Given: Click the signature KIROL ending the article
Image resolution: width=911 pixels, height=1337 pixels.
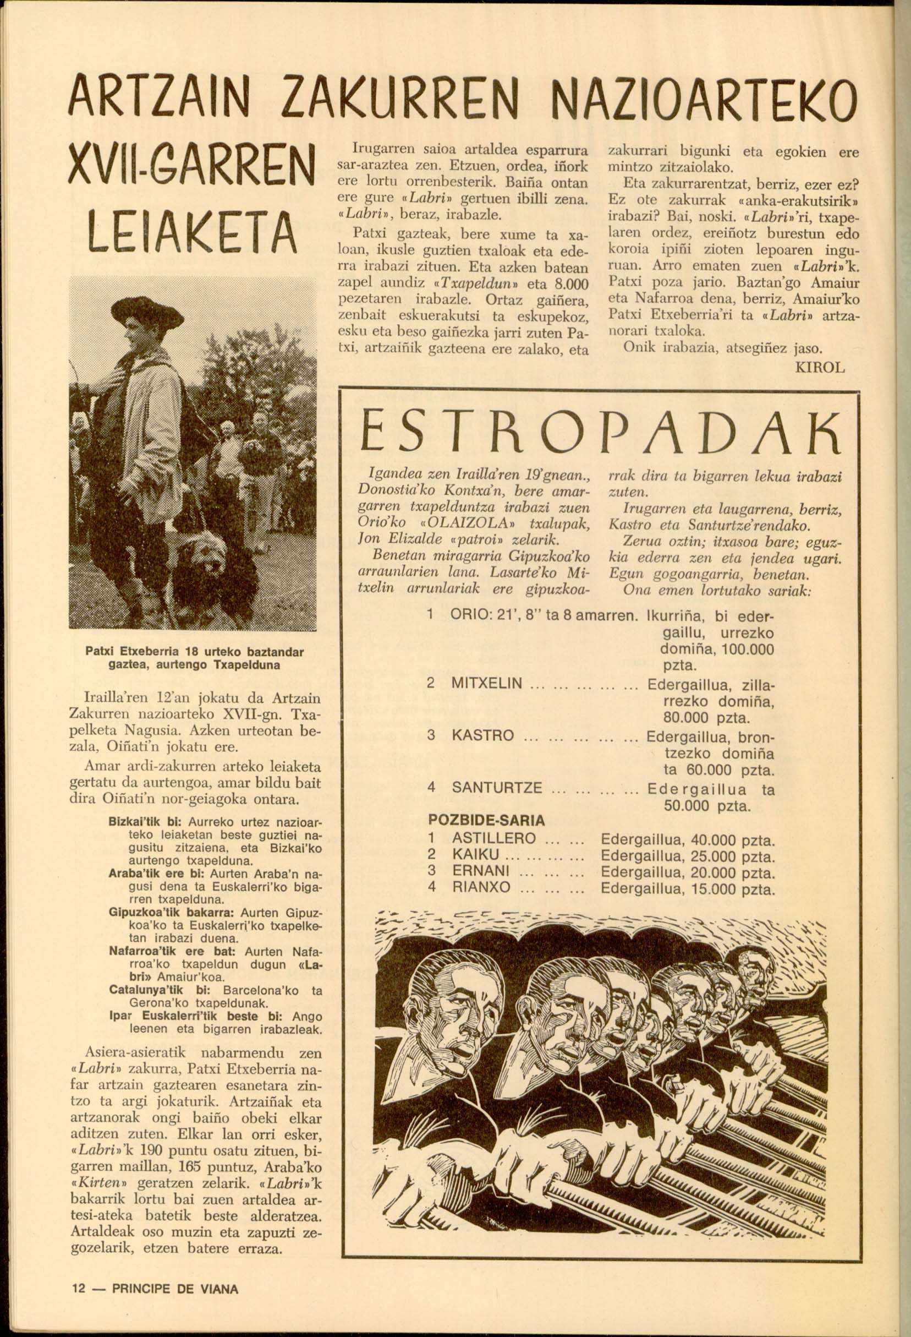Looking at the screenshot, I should click(x=820, y=369).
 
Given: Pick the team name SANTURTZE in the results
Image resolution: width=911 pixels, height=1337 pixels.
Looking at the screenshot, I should click(x=497, y=787).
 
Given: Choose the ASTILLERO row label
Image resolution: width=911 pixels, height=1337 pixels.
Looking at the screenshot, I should click(x=494, y=838).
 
